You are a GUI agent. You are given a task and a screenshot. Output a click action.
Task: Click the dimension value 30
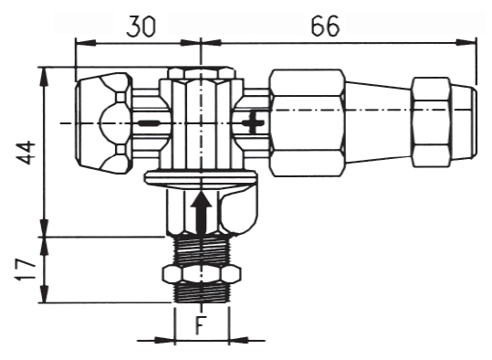[141, 26]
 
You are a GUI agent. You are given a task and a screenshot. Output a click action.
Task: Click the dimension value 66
[325, 26]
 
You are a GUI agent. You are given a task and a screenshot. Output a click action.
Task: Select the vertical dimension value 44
[26, 153]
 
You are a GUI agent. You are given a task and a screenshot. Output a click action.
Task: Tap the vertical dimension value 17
[26, 270]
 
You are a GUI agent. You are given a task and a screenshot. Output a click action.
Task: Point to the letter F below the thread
[201, 325]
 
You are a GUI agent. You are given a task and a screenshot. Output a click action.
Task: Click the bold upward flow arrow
[201, 213]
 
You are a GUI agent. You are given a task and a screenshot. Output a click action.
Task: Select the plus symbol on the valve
[254, 122]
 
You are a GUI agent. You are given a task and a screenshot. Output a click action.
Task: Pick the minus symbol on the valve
[150, 122]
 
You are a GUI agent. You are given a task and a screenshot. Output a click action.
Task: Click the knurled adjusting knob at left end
[103, 123]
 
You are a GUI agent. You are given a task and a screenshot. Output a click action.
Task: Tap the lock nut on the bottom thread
[202, 274]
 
